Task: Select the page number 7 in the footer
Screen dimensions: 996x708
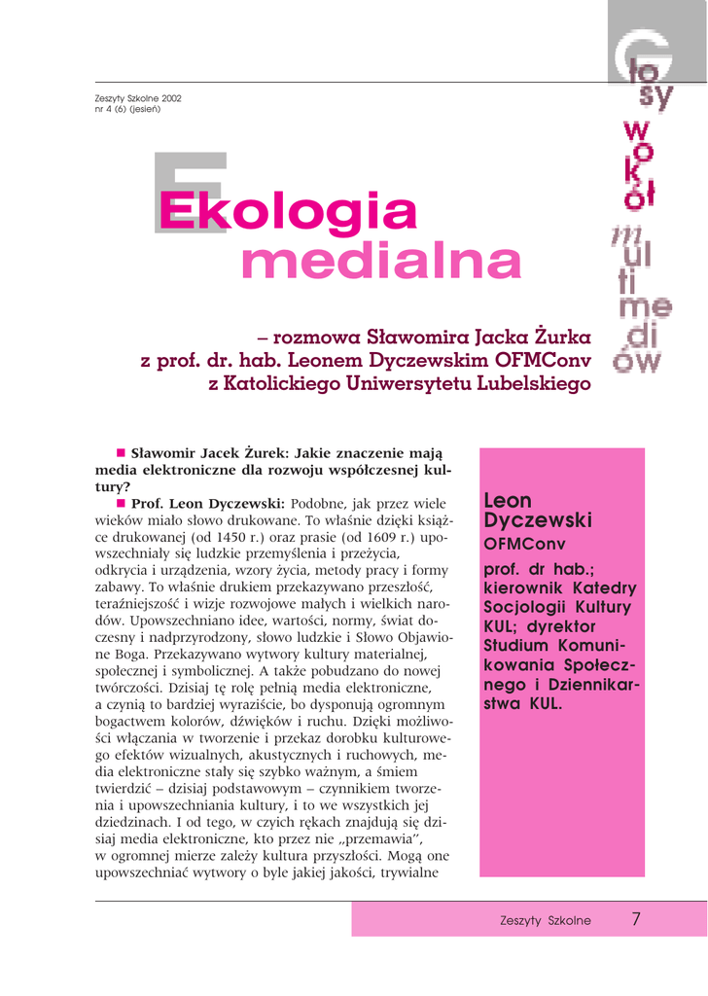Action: [636, 919]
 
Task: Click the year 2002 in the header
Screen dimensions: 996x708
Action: [166, 98]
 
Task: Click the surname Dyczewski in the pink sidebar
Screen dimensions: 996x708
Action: [538, 521]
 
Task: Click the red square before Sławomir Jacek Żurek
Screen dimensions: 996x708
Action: [122, 452]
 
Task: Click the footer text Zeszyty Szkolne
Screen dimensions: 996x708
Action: [546, 921]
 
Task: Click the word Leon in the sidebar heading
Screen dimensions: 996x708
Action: [508, 501]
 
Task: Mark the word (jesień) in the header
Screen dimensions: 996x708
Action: [141, 108]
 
